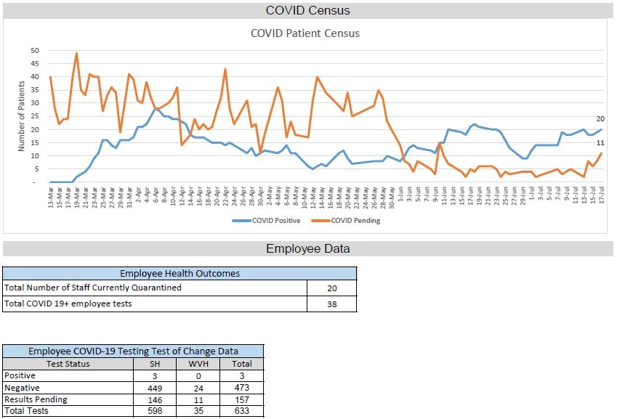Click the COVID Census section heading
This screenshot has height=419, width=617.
pyautogui.click(x=307, y=10)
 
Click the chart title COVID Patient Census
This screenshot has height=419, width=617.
pyautogui.click(x=305, y=33)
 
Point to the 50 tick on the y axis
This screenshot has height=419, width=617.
pyautogui.click(x=35, y=51)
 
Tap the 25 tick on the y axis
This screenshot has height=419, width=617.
pyautogui.click(x=35, y=116)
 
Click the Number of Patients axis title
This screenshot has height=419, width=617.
pyautogui.click(x=21, y=116)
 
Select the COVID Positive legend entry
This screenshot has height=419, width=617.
pyautogui.click(x=271, y=221)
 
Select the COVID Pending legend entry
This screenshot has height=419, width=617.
pyautogui.click(x=355, y=221)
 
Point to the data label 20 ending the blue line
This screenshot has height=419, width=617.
pyautogui.click(x=600, y=118)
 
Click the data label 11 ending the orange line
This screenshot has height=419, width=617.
pyautogui.click(x=600, y=143)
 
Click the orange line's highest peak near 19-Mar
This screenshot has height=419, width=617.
pyautogui.click(x=76, y=53)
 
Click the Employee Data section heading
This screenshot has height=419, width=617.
pyautogui.click(x=307, y=248)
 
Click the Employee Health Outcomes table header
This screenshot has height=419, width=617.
pyautogui.click(x=180, y=274)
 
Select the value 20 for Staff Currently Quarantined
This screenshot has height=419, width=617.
pyautogui.click(x=332, y=288)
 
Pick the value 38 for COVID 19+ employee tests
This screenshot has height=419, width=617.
pyautogui.click(x=332, y=304)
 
